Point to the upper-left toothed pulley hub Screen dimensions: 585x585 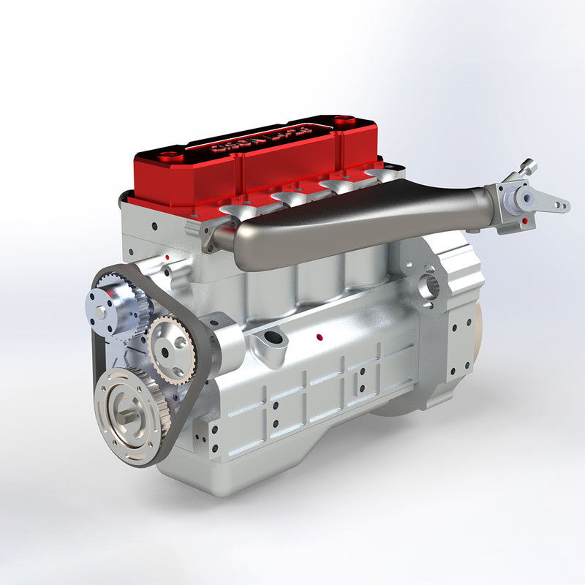click(x=106, y=307)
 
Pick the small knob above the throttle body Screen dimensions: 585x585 click(x=529, y=167)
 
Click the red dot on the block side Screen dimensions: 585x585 click(x=320, y=337)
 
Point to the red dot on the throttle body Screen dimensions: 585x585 click(x=525, y=219)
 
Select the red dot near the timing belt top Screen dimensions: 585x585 click(x=167, y=257)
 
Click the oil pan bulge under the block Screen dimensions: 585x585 click(x=241, y=468)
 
